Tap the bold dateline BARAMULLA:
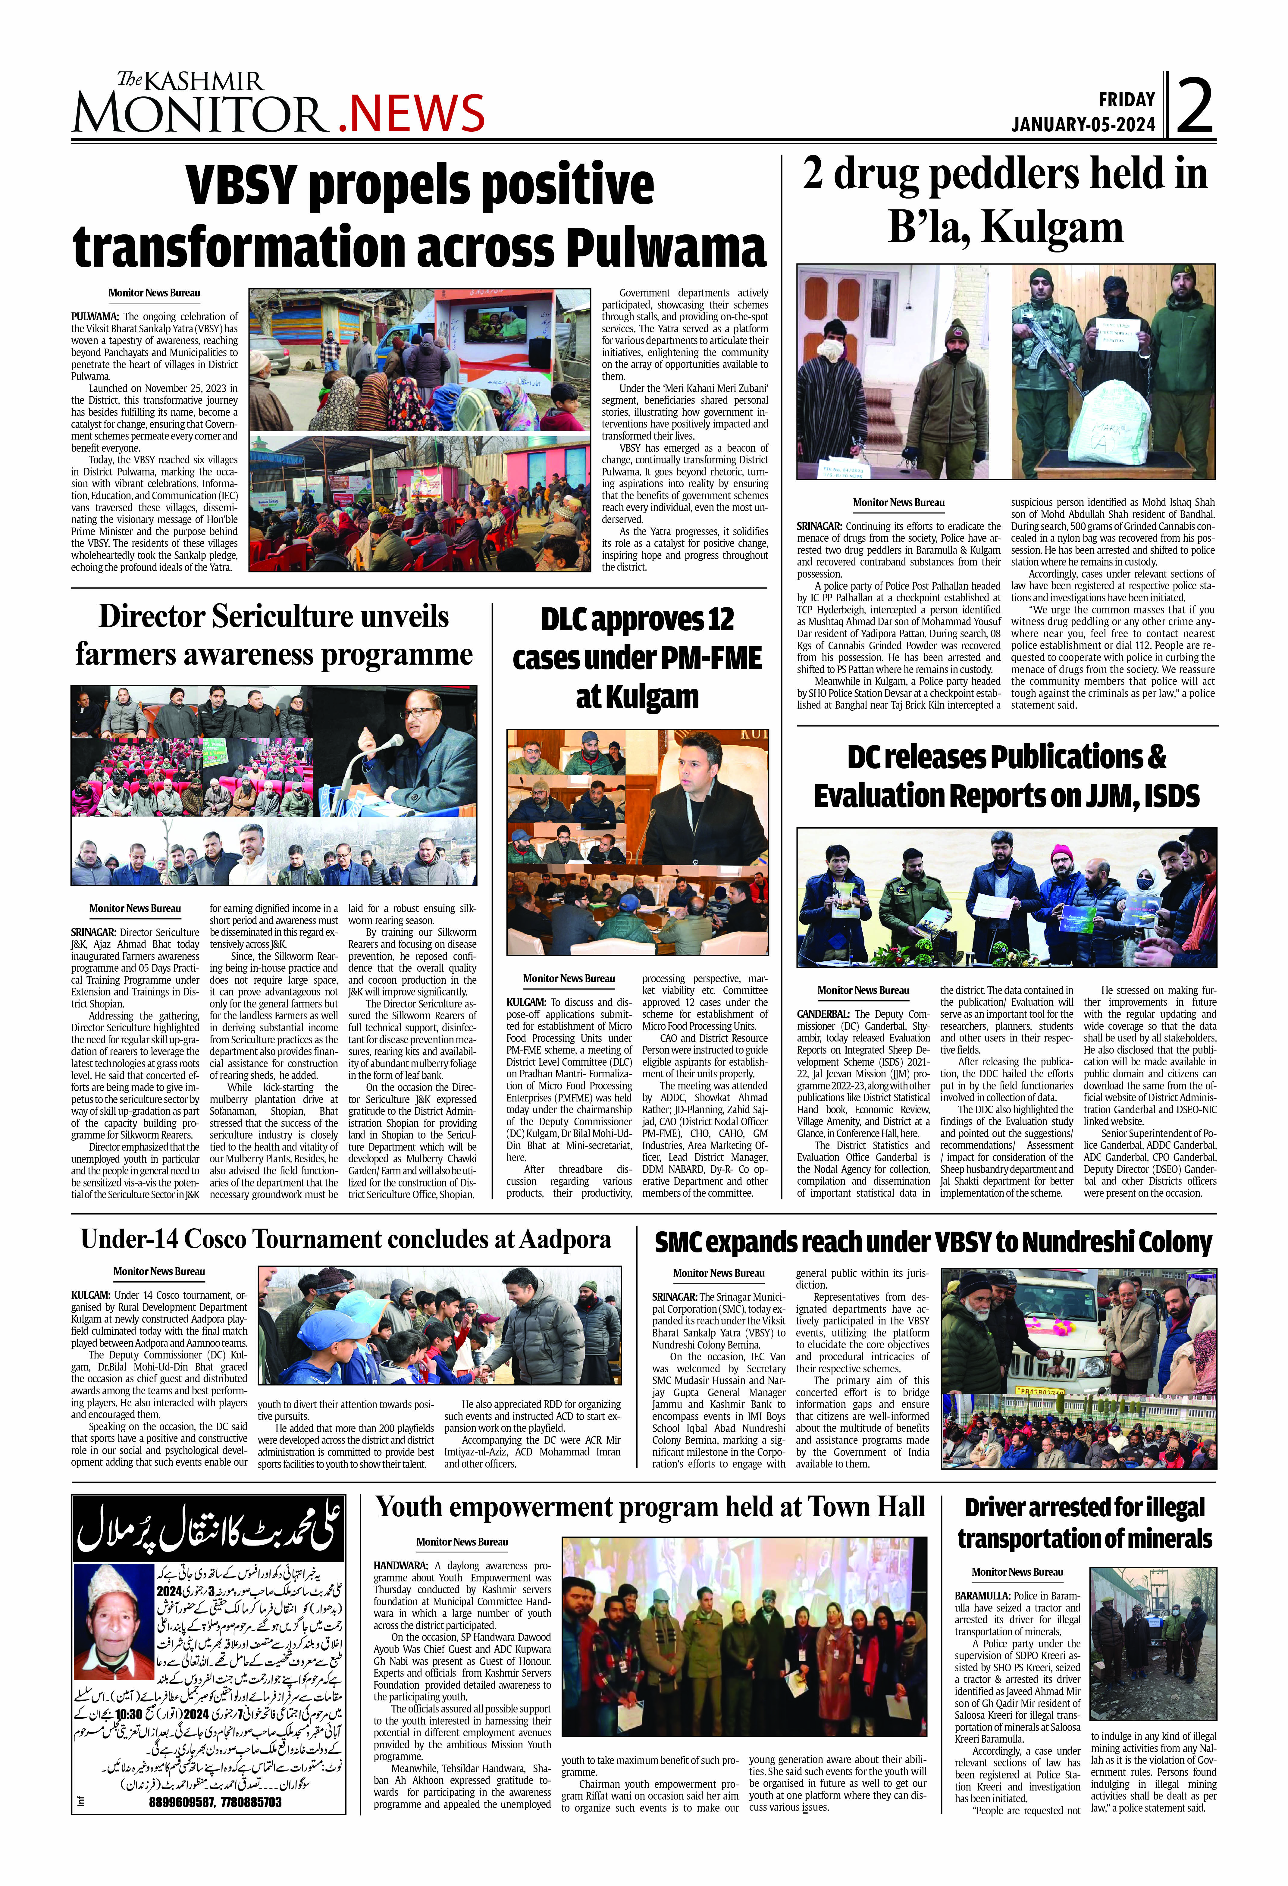[x=982, y=1596]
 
